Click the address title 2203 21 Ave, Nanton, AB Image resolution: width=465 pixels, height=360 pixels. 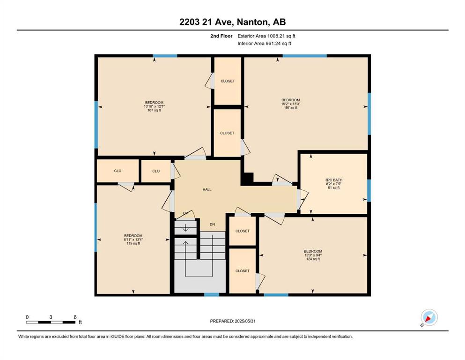[232, 22]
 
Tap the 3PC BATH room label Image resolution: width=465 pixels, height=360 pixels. [333, 184]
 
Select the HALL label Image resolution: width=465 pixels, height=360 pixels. [207, 189]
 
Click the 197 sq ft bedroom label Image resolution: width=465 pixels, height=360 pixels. [291, 104]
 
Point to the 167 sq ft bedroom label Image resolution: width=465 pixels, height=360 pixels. [154, 106]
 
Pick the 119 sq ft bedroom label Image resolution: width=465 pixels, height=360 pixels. [133, 240]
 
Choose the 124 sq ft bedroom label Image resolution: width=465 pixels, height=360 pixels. [313, 255]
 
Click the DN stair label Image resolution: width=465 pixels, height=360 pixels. [212, 225]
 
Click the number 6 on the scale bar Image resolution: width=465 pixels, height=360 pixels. [75, 317]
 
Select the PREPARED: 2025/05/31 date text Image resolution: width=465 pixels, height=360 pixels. [232, 321]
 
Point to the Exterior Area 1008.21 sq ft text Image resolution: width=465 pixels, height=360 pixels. [266, 36]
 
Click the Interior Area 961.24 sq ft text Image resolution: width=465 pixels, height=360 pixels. [264, 43]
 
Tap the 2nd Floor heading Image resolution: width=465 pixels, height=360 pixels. [221, 36]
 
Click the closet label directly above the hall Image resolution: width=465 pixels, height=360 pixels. [227, 133]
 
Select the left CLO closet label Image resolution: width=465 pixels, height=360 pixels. [118, 171]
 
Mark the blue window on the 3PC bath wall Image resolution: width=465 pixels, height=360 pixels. [369, 190]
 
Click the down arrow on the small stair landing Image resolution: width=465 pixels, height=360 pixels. [185, 228]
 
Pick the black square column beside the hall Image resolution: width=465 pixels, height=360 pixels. [248, 179]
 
